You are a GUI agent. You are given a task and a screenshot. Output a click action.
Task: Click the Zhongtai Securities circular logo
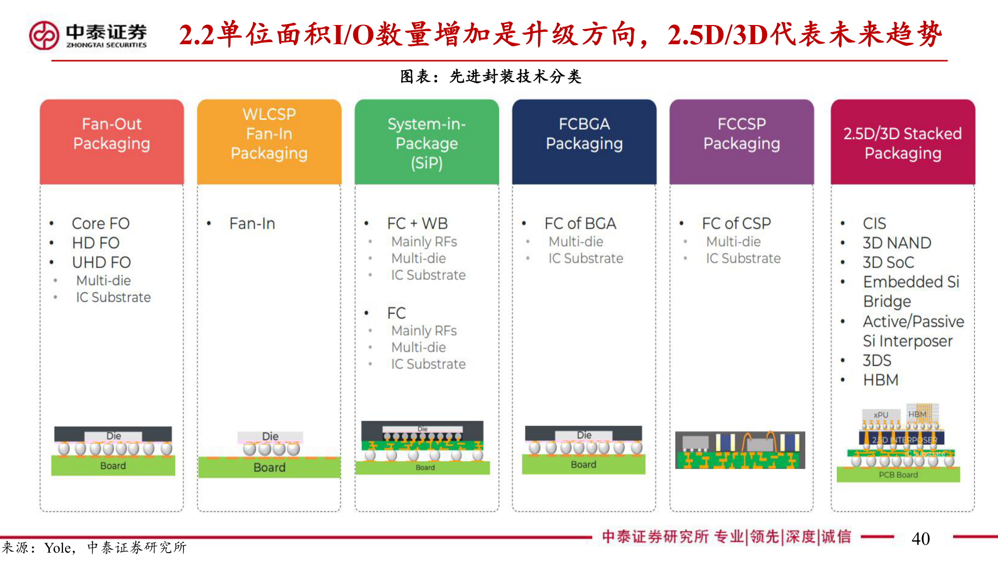[x=44, y=35]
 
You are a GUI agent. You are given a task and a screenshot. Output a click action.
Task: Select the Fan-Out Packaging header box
[x=112, y=142]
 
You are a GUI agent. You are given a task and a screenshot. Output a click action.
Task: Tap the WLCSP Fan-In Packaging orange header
[x=269, y=142]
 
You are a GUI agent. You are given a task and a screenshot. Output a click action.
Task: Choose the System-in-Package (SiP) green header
[x=427, y=142]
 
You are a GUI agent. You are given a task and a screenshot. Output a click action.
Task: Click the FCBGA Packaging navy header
[x=584, y=142]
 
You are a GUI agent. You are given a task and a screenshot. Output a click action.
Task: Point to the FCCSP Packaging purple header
[x=742, y=142]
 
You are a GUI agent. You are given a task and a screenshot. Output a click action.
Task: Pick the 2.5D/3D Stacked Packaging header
[x=903, y=142]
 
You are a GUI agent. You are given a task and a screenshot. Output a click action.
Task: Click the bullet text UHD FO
[x=101, y=262]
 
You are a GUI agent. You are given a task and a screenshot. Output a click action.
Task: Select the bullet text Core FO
[x=100, y=223]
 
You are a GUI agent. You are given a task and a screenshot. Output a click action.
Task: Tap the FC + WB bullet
[x=417, y=223]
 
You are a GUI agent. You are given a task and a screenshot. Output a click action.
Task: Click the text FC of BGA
[x=580, y=223]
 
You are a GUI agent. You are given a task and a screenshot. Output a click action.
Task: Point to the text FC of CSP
[x=736, y=223]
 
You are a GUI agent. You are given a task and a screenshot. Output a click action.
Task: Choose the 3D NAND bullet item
[x=897, y=243]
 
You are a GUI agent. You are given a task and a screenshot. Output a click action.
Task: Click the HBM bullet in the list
[x=881, y=380]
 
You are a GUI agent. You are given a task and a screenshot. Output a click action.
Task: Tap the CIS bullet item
[x=874, y=223]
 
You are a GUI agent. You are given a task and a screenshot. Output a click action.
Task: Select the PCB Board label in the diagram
[x=898, y=475]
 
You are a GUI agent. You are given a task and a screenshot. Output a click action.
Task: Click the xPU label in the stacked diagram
[x=881, y=415]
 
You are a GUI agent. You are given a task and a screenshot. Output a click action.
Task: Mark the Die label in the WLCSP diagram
[x=270, y=436]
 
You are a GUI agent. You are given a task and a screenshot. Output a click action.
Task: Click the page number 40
[x=921, y=539]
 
